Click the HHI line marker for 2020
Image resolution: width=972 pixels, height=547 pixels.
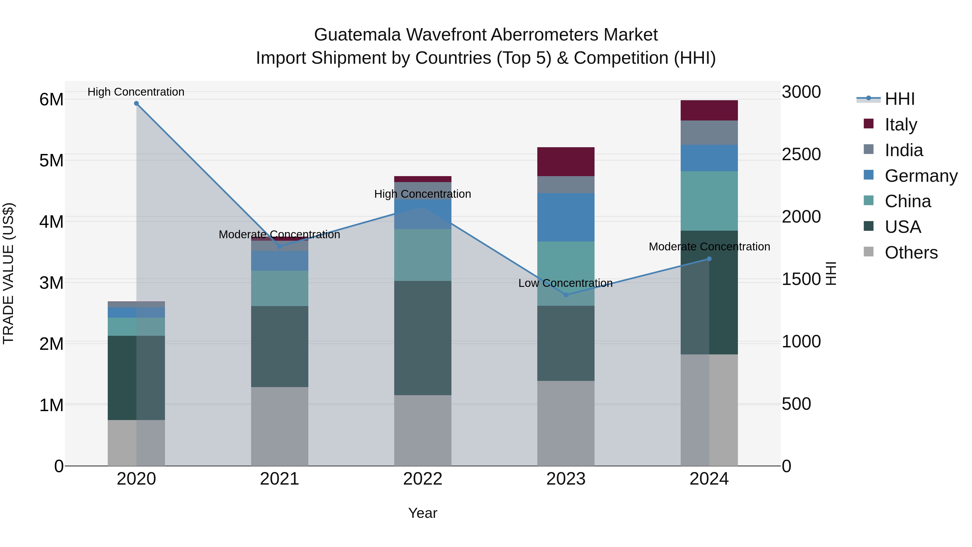pyautogui.click(x=137, y=103)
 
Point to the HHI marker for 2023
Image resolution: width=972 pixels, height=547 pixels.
pyautogui.click(x=566, y=295)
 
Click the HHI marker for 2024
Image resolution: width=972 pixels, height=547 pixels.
pyautogui.click(x=709, y=259)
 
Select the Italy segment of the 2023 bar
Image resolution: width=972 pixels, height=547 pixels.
pyautogui.click(x=566, y=162)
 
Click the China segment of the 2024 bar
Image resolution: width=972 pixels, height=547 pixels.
pyautogui.click(x=709, y=201)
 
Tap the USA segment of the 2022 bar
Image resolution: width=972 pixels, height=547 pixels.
pyautogui.click(x=423, y=338)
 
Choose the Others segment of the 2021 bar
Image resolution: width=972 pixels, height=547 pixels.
pyautogui.click(x=280, y=426)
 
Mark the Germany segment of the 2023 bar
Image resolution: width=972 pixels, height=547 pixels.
pyautogui.click(x=566, y=217)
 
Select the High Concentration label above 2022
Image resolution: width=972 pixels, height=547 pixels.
pyautogui.click(x=423, y=194)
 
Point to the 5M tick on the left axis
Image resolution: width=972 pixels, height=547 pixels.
pyautogui.click(x=51, y=161)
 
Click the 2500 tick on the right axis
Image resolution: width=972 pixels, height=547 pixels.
pyautogui.click(x=801, y=155)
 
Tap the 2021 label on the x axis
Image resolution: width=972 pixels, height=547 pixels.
pyautogui.click(x=280, y=479)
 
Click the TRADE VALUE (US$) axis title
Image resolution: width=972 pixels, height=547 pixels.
pyautogui.click(x=9, y=273)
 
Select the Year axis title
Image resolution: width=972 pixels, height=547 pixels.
pyautogui.click(x=423, y=513)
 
